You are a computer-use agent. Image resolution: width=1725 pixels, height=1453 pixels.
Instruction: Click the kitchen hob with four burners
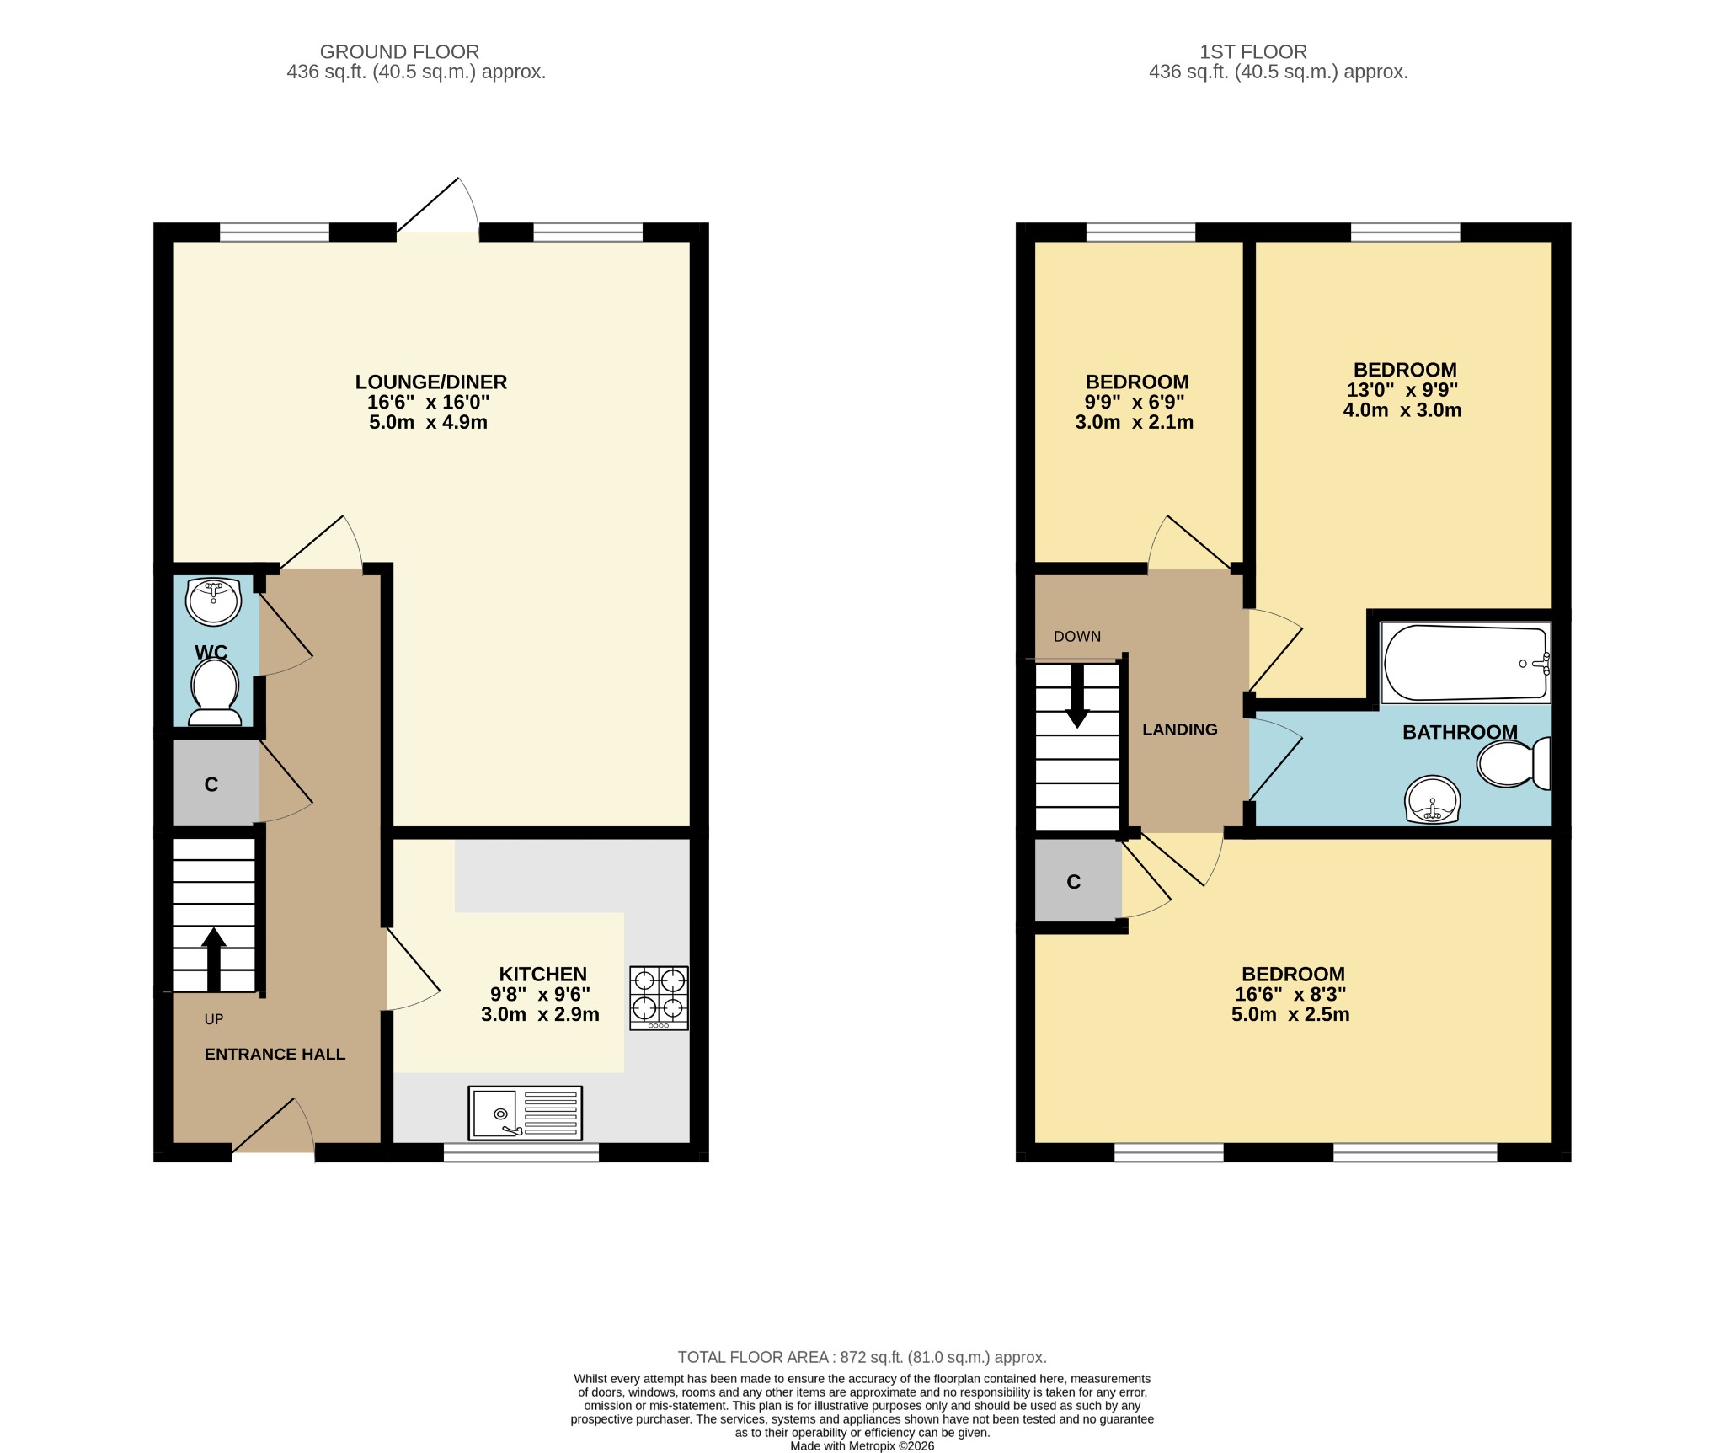point(659,997)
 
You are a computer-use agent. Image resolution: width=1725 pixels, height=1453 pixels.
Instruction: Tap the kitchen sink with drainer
point(525,1113)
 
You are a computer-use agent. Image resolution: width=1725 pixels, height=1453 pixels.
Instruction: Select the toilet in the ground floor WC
point(215,692)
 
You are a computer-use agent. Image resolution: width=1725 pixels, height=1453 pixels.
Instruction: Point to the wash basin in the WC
point(214,601)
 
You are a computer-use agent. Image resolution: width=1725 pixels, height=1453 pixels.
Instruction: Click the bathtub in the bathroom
point(1466,663)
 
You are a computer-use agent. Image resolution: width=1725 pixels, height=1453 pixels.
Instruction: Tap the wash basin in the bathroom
point(1432,799)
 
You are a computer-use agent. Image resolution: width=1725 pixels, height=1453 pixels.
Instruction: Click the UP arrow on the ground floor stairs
point(214,959)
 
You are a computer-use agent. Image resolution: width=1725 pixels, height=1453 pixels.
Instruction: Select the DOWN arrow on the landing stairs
point(1076,696)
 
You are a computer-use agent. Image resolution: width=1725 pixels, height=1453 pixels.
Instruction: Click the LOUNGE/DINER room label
point(430,382)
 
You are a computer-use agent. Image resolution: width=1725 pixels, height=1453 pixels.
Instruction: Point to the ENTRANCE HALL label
point(275,1054)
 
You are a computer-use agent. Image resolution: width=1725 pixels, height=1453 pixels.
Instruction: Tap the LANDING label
point(1179,729)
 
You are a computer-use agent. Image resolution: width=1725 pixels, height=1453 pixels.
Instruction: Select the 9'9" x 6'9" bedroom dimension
point(1135,402)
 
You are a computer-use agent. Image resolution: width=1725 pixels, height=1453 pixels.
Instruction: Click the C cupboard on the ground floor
point(212,784)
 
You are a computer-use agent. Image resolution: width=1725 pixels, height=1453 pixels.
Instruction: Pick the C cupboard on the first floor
point(1073,882)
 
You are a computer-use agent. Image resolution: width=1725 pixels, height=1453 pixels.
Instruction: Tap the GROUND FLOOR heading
point(399,52)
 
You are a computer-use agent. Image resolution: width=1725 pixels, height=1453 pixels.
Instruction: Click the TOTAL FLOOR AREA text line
point(862,1357)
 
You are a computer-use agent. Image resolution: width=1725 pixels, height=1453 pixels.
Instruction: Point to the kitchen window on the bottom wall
point(521,1152)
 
